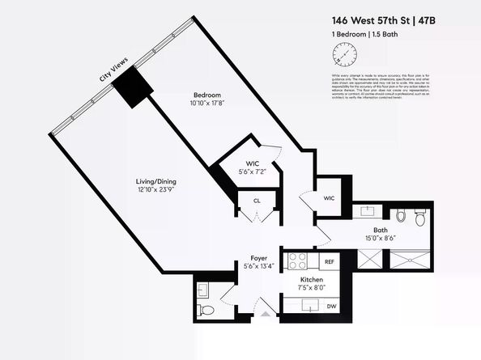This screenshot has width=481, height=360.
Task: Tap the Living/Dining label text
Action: [155, 180]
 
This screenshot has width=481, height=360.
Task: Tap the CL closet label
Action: [256, 200]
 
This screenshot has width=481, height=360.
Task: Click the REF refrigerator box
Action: [329, 261]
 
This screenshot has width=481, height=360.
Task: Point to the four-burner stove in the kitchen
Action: [296, 261]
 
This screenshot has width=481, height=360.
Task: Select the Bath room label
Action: [380, 229]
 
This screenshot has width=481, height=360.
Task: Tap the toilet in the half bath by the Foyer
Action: [207, 308]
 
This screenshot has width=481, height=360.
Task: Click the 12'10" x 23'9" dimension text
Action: [155, 189]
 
